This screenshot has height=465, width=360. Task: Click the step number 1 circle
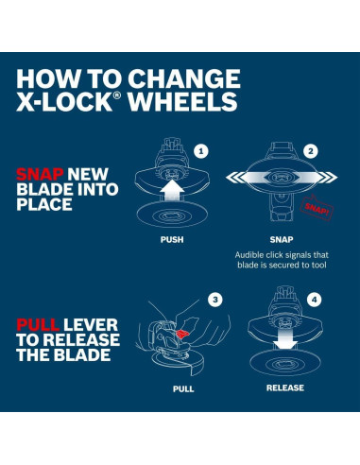200,150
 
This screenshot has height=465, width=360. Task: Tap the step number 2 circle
311,150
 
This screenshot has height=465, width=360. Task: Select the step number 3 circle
214,300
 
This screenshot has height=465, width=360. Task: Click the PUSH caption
171,240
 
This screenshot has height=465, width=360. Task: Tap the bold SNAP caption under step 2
282,240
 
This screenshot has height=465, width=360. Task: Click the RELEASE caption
284,387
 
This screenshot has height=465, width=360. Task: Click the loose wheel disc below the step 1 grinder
171,216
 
